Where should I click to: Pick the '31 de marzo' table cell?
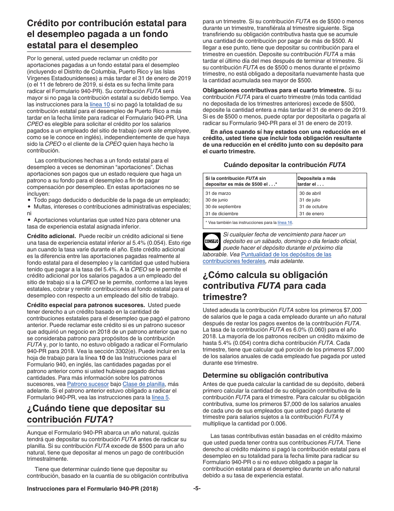pos(218,193)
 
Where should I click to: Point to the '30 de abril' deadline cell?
pos(310,193)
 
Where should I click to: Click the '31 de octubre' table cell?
pos(313,206)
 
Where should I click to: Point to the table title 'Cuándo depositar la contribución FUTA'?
pos(285,165)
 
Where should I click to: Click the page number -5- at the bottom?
pos(197,489)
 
